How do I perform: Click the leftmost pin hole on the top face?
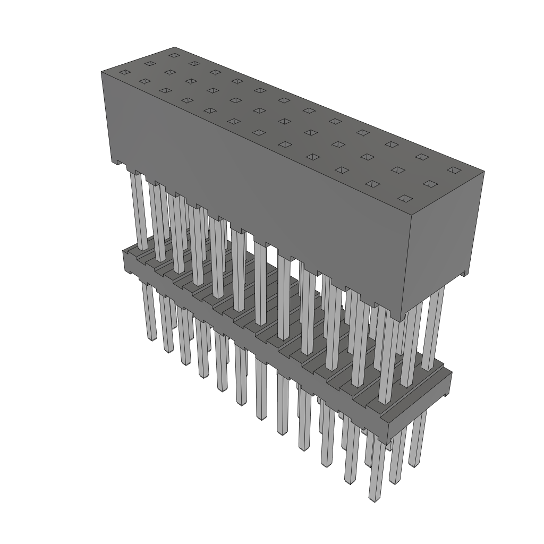123,72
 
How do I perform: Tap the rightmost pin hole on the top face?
453,170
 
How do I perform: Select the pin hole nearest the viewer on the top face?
405,199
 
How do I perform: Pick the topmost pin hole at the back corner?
173,55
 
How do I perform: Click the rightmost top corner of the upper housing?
483,172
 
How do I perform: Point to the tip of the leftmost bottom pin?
151,337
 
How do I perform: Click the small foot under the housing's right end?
464,274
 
